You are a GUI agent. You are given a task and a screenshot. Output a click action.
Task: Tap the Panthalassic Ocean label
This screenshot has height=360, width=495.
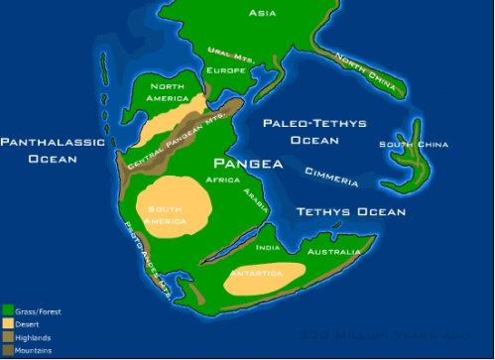click(52, 150)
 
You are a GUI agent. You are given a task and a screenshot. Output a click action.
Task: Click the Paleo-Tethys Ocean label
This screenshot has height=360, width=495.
click(314, 132)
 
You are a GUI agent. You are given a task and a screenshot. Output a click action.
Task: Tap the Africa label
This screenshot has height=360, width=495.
click(222, 180)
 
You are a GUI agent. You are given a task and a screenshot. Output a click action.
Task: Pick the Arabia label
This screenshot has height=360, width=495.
click(256, 201)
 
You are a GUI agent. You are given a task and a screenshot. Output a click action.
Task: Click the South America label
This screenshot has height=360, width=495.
click(167, 214)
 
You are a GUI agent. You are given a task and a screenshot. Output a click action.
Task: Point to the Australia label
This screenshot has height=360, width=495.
click(332, 252)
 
